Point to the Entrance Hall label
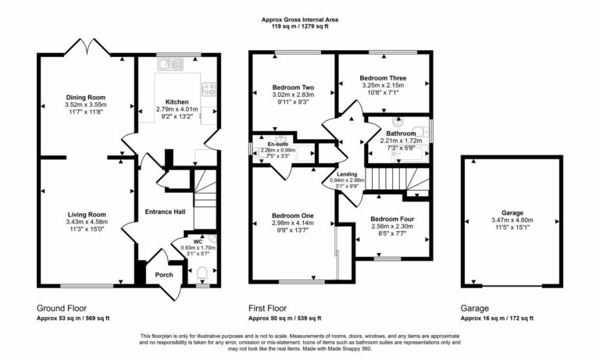165,212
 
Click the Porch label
164,274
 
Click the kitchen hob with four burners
209,89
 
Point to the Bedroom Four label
391,219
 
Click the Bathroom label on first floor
402,134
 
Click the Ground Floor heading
62,308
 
